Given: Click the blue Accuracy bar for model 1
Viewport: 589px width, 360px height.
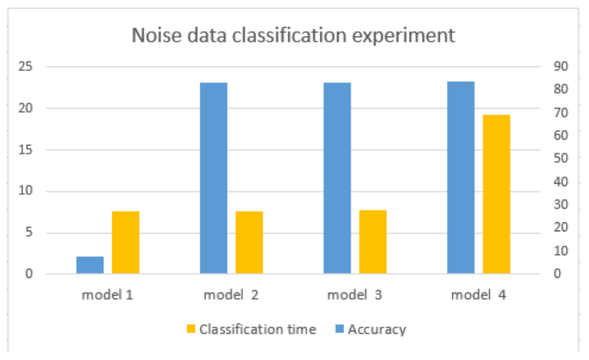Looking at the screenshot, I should pyautogui.click(x=90, y=265).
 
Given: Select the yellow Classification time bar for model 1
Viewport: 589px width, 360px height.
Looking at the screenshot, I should pyautogui.click(x=126, y=242).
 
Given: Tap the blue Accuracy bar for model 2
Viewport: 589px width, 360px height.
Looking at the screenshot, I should pyautogui.click(x=213, y=178).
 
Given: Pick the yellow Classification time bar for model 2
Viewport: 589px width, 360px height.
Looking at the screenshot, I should pyautogui.click(x=249, y=242).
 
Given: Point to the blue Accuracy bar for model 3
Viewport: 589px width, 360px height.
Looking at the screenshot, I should pyautogui.click(x=337, y=178).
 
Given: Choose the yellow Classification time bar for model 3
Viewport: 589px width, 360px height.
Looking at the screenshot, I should pyautogui.click(x=373, y=242).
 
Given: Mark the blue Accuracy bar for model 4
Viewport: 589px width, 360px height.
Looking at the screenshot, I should pyautogui.click(x=460, y=177).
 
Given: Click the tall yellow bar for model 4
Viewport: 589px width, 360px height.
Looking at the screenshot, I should pyautogui.click(x=496, y=194).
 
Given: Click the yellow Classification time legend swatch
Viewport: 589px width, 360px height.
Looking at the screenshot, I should pyautogui.click(x=191, y=329).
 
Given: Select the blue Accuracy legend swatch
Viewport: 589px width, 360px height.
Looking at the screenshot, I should pyautogui.click(x=340, y=329).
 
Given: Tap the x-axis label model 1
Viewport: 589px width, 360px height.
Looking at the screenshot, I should pyautogui.click(x=107, y=295).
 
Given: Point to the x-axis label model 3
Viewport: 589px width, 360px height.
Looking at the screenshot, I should pyautogui.click(x=354, y=295).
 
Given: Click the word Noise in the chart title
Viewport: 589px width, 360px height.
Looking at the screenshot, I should pyautogui.click(x=150, y=36).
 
